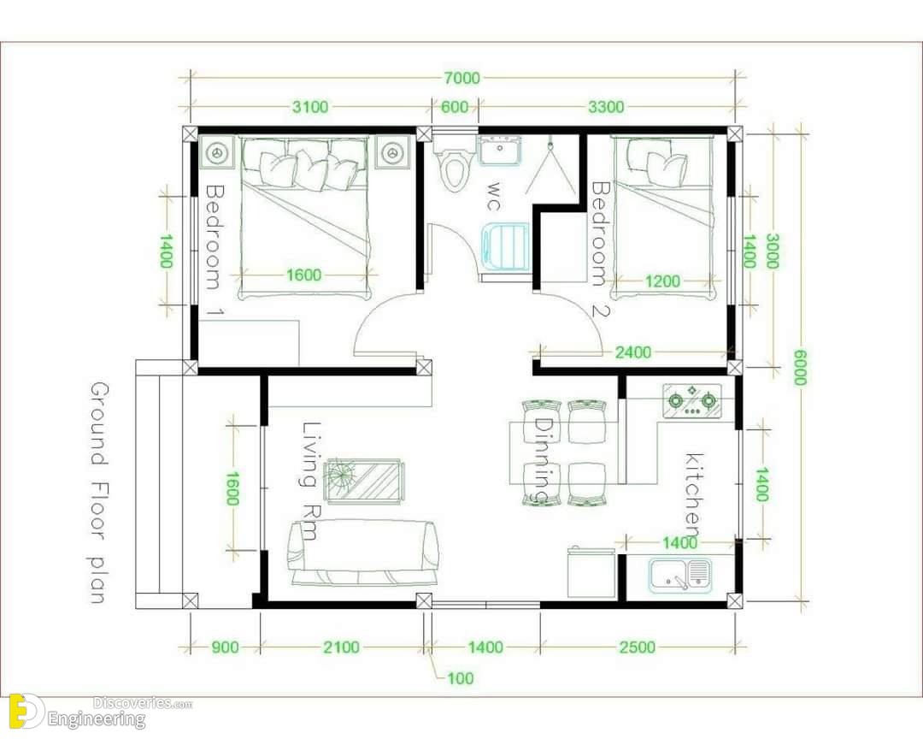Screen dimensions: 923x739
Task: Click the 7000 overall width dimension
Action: pos(462,78)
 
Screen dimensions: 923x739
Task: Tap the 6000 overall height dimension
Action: pos(799,367)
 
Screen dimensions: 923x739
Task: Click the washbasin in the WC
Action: pos(500,150)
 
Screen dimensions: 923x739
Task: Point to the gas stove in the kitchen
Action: pos(692,401)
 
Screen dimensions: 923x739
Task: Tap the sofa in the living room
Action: pos(363,553)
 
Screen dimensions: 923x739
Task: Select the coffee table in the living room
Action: pos(365,481)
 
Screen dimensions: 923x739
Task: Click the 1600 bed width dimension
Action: pos(304,275)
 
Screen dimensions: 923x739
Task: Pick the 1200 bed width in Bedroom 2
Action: pos(662,281)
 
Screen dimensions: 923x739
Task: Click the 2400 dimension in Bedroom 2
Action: pos(633,352)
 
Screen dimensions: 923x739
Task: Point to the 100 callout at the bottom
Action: pos(461,678)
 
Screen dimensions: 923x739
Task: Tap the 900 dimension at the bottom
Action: pos(225,647)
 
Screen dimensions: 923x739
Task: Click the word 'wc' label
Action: pos(494,197)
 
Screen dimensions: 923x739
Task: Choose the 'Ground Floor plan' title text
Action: pos(99,493)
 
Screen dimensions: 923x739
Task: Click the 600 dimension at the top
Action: pos(455,107)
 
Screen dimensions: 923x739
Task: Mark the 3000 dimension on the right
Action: pos(772,251)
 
